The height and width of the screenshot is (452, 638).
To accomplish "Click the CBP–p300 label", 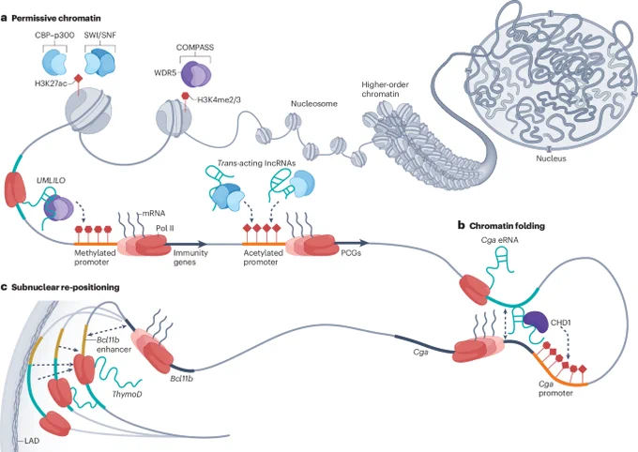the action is [x=54, y=36].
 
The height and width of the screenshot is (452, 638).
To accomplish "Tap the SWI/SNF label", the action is [x=100, y=36].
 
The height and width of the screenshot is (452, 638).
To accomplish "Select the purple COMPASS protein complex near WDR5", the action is [x=196, y=74].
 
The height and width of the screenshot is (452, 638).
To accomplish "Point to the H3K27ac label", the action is [x=51, y=84].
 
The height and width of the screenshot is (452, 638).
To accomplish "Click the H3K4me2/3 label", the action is [x=219, y=98].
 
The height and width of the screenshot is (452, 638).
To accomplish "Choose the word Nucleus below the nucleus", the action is [x=551, y=158].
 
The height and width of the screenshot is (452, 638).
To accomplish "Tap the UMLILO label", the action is [x=51, y=181].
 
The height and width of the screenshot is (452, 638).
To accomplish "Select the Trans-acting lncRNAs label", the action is [x=256, y=163].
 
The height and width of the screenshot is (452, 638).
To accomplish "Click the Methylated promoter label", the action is [x=95, y=258].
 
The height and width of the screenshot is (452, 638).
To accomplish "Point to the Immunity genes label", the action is [x=190, y=258].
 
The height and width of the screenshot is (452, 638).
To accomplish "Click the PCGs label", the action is [x=351, y=253].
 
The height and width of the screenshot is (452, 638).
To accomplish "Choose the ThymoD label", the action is [x=127, y=394].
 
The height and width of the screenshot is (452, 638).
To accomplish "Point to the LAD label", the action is [x=32, y=440].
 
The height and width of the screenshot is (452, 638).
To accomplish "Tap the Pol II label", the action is [x=165, y=228].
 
